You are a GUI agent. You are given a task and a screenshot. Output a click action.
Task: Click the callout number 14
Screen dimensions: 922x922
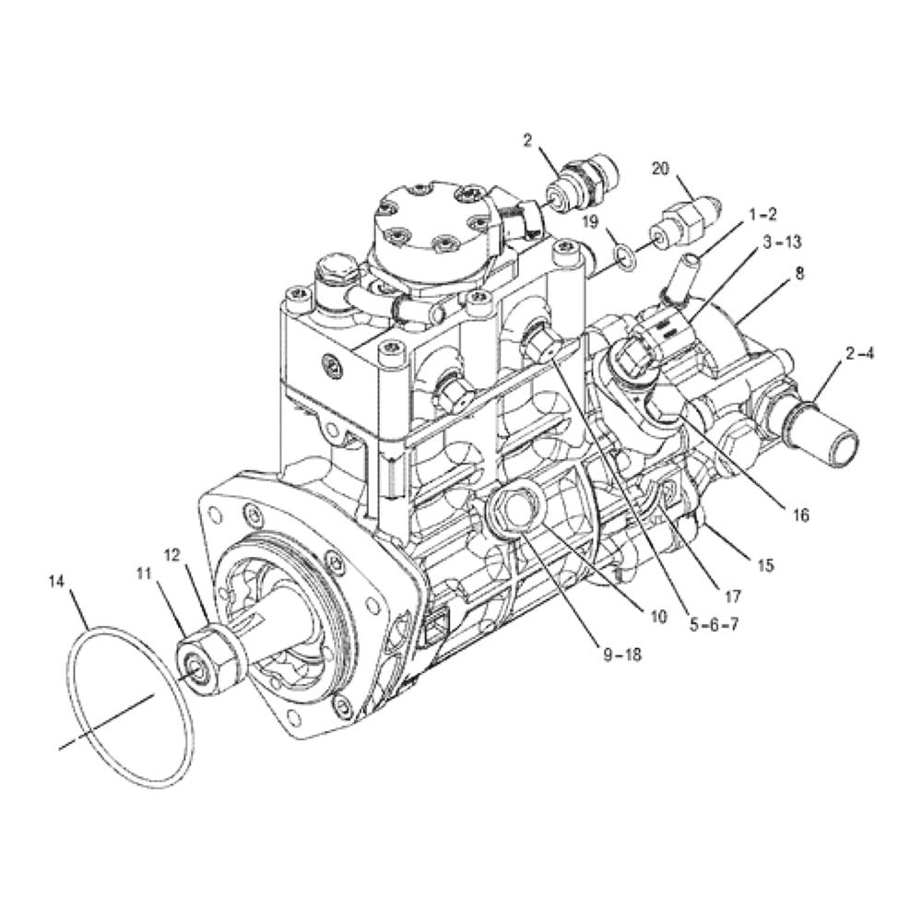57,582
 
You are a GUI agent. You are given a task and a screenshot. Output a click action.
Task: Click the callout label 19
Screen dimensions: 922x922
590,222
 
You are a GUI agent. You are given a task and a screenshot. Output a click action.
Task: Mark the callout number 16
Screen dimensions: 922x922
799,515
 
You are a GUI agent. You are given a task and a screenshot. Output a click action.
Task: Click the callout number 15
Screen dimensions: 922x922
765,564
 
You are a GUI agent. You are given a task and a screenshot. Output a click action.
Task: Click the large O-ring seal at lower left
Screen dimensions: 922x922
129,705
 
